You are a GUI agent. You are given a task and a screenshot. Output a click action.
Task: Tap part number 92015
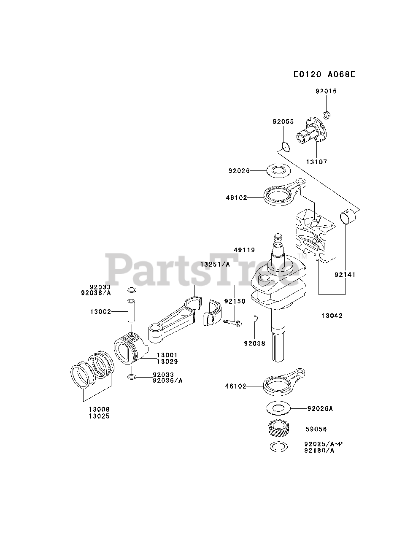(326, 91)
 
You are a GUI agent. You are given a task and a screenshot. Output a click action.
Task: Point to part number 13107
(316, 162)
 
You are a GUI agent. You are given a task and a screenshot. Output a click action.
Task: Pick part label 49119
(245, 250)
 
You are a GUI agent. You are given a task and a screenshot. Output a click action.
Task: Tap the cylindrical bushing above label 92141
(348, 218)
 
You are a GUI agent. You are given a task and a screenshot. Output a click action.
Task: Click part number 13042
(332, 316)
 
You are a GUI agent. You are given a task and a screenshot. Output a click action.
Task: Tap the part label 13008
(99, 409)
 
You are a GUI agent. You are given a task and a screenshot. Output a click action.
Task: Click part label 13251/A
(215, 264)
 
